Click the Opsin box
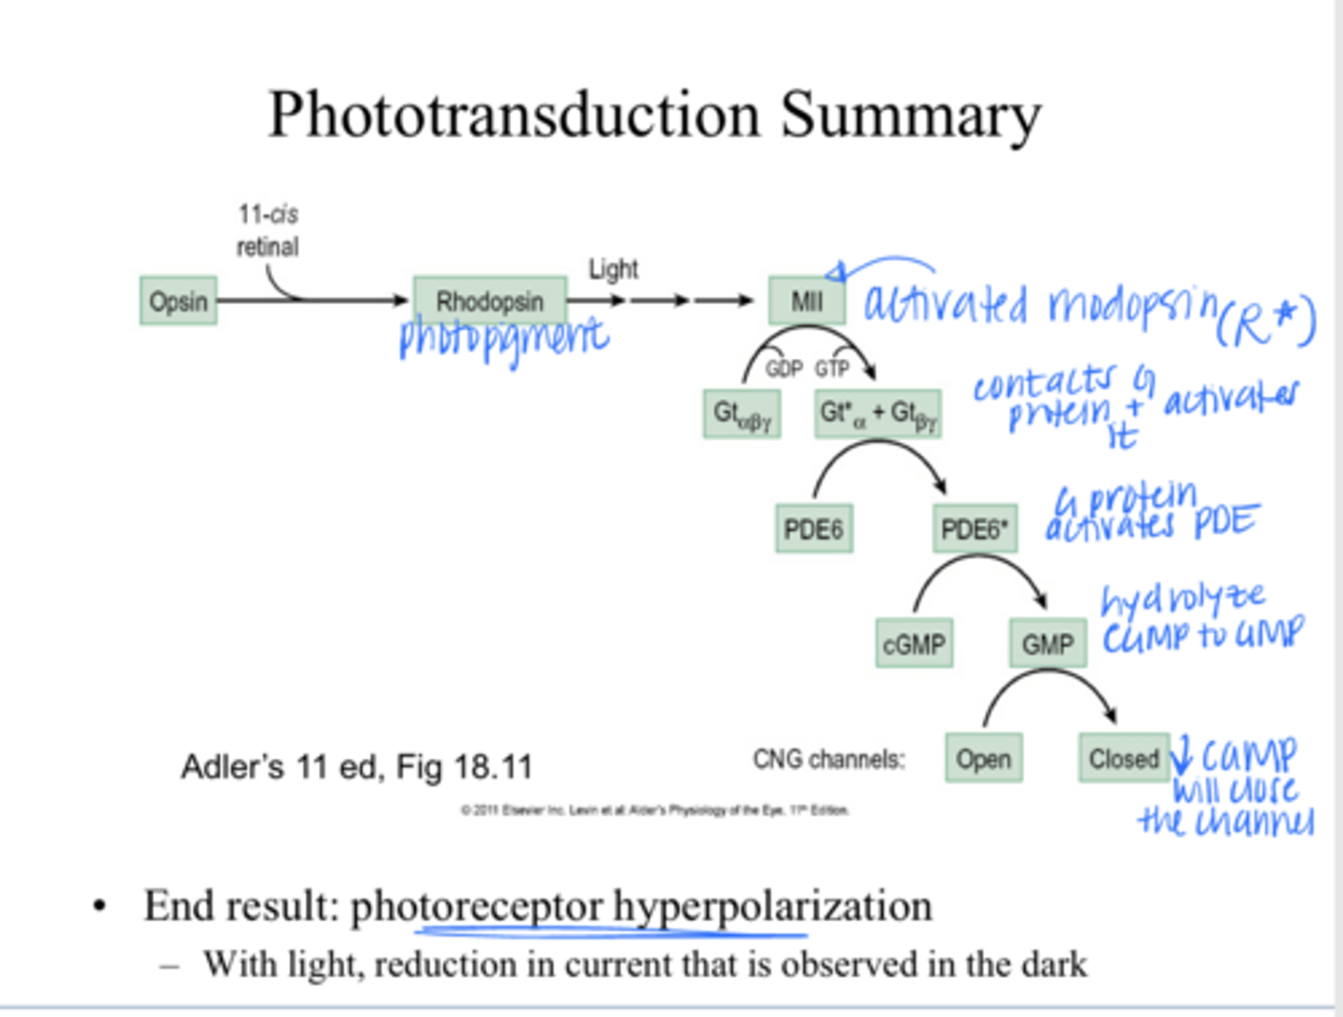click(x=178, y=301)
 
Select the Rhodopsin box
click(x=490, y=301)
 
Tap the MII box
click(x=807, y=301)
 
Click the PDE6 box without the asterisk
click(x=813, y=529)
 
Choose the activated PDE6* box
click(x=975, y=529)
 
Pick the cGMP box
click(x=914, y=644)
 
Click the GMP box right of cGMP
click(x=1047, y=644)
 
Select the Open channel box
click(x=983, y=759)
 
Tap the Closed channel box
click(x=1124, y=759)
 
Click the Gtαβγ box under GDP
click(x=741, y=415)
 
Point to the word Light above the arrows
click(x=613, y=269)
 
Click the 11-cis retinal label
click(x=268, y=230)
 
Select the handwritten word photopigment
click(x=504, y=337)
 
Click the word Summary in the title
click(x=910, y=115)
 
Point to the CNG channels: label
click(x=828, y=760)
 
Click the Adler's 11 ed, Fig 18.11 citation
click(x=356, y=767)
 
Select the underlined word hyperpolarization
click(x=772, y=906)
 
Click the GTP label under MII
click(x=832, y=369)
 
